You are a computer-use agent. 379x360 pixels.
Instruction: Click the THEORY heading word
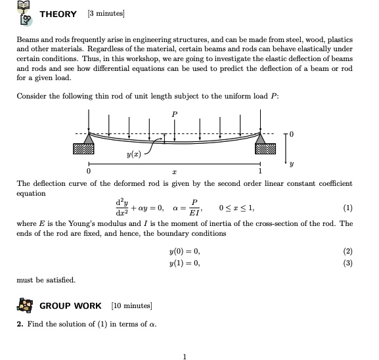click(58, 14)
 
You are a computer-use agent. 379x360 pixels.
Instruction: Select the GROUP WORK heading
click(71, 305)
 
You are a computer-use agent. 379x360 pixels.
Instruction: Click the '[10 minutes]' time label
click(132, 305)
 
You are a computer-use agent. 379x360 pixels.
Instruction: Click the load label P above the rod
click(174, 114)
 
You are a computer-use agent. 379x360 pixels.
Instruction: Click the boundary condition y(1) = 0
click(184, 263)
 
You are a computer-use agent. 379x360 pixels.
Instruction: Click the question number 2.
click(19, 325)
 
